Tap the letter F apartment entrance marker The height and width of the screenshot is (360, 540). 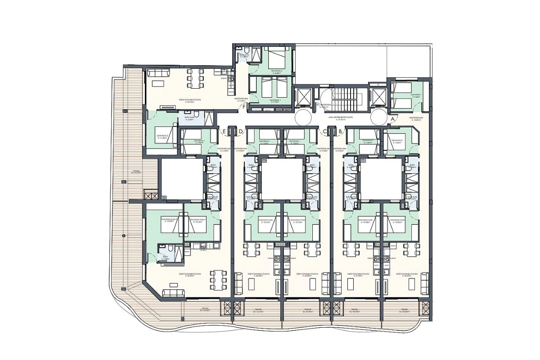click(244, 107)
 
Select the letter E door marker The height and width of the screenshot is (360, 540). click(224, 131)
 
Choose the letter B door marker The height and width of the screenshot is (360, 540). click(341, 131)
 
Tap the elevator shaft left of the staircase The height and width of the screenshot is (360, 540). click(301, 96)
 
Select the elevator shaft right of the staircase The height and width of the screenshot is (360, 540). click(377, 96)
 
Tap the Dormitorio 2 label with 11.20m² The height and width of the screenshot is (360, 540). click(162, 136)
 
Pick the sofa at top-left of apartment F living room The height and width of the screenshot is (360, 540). click(159, 72)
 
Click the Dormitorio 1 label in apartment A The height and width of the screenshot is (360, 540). click(415, 95)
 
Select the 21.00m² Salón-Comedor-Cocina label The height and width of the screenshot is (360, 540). click(359, 274)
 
